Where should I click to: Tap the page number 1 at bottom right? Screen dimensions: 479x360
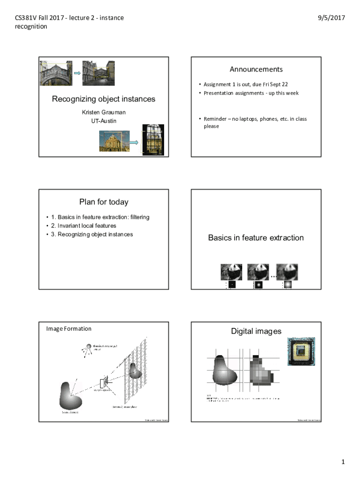(x=343, y=462)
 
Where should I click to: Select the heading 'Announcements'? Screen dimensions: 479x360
(x=256, y=69)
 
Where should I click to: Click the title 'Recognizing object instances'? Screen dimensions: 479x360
(x=103, y=99)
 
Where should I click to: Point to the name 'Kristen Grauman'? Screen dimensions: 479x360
(x=104, y=112)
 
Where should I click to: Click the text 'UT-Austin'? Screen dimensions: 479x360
(x=104, y=121)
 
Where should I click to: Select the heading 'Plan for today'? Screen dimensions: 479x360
(x=104, y=202)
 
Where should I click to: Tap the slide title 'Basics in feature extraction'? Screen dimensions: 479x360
(x=256, y=238)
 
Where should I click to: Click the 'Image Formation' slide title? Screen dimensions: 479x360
(x=69, y=328)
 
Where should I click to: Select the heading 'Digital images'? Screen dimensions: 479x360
(x=256, y=331)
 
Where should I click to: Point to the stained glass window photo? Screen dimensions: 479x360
(x=154, y=139)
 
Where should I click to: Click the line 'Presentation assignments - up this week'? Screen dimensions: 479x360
(x=251, y=93)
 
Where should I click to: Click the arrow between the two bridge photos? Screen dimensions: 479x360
(x=78, y=73)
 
